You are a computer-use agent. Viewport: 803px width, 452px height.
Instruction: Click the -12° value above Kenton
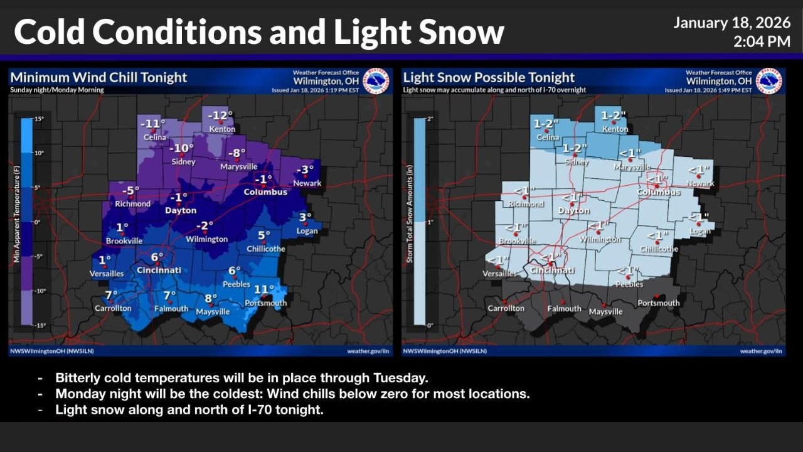[x=220, y=116]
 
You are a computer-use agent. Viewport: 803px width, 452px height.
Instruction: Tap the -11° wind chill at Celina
[x=152, y=124]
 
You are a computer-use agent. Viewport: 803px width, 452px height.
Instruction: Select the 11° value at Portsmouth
[x=263, y=289]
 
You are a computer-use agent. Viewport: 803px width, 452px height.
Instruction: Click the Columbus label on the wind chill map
[x=265, y=191]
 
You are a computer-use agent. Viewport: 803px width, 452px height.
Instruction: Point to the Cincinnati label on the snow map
[x=552, y=271]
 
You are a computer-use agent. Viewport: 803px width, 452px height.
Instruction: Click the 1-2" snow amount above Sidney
[x=574, y=149]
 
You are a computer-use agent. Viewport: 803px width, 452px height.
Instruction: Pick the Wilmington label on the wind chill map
[x=206, y=239]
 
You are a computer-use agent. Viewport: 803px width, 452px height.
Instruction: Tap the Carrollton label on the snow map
[x=506, y=308]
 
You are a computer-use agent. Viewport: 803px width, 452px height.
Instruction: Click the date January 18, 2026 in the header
[x=731, y=23]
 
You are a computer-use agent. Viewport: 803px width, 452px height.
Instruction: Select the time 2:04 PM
[x=762, y=42]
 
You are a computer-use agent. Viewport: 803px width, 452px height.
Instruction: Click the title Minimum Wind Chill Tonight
[x=98, y=77]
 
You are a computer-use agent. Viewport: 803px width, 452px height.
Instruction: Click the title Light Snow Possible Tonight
[x=489, y=77]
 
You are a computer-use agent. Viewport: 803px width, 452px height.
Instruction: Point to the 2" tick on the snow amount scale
[x=430, y=119]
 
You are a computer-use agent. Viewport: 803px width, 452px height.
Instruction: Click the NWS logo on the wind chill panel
[x=376, y=81]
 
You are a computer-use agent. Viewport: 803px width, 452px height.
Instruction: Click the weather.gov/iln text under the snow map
[x=760, y=351]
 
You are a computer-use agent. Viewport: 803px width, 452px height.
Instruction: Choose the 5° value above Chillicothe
[x=264, y=236]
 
